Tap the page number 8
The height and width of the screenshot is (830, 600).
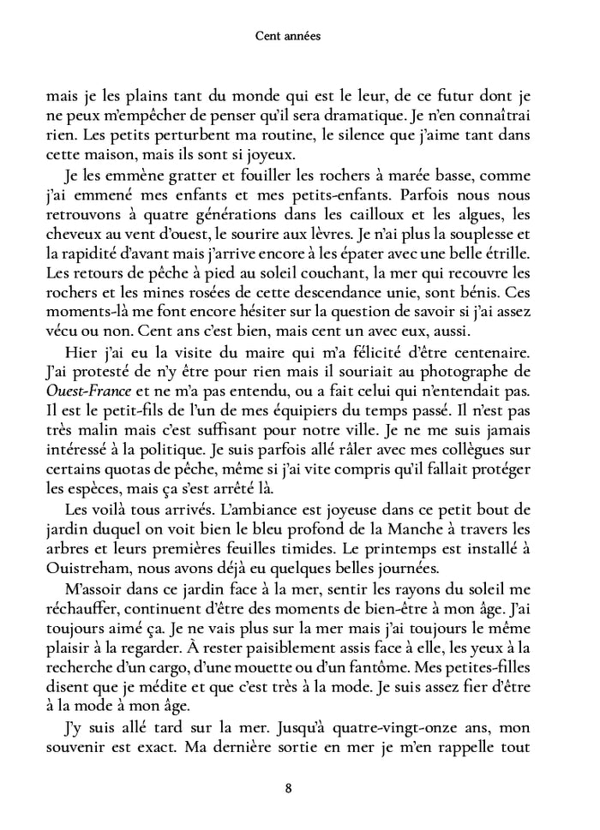(299, 788)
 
